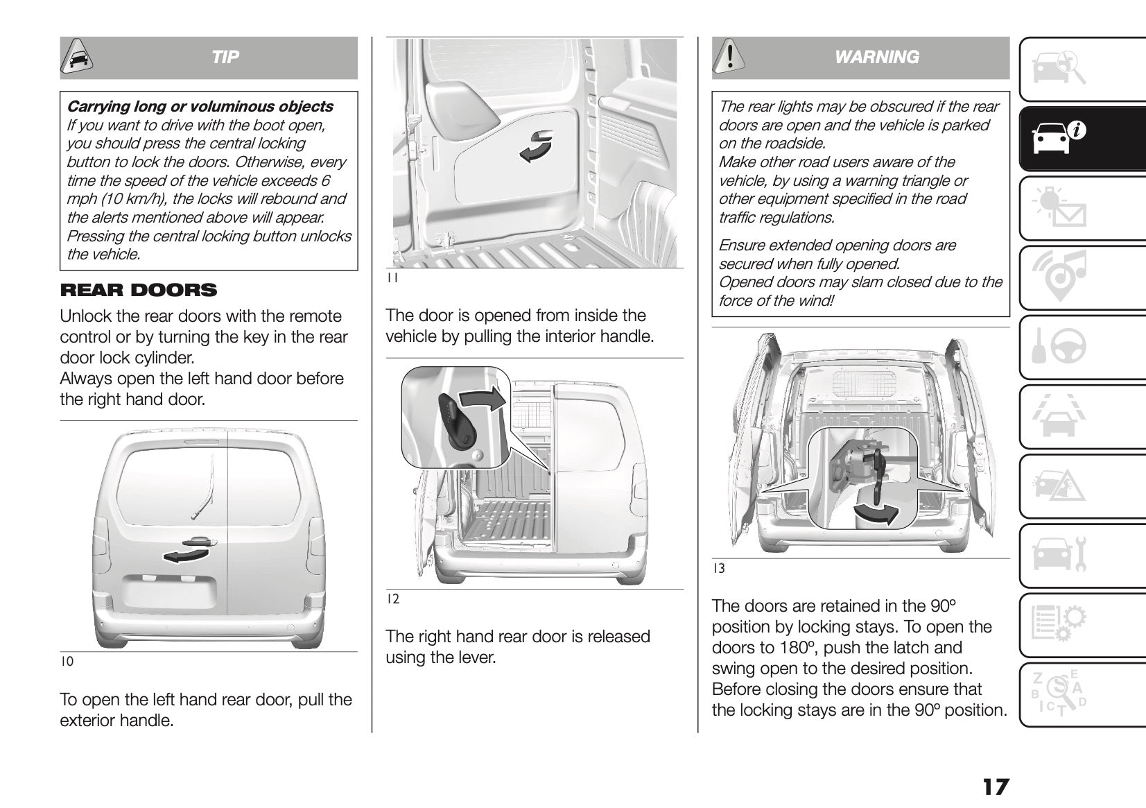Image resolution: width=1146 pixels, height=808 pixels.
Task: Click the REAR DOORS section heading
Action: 139,290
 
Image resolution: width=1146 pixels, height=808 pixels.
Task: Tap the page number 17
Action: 995,787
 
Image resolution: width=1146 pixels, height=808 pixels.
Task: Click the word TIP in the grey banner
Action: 225,57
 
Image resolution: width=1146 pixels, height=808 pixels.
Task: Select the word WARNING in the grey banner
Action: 877,57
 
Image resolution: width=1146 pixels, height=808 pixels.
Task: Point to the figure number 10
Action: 67,662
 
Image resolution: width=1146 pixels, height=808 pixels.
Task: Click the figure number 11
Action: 392,278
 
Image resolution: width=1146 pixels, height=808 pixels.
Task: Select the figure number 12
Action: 392,599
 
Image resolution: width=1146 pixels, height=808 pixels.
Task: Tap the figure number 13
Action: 719,569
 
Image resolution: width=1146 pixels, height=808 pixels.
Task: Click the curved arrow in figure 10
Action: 186,554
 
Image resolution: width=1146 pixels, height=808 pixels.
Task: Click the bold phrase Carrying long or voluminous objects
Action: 200,107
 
